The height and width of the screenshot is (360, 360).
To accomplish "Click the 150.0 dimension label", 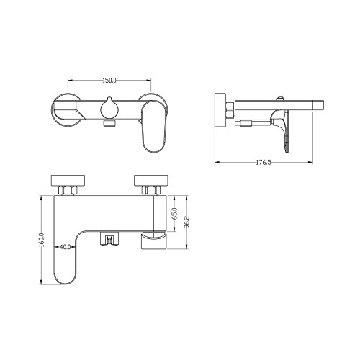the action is pyautogui.click(x=109, y=81).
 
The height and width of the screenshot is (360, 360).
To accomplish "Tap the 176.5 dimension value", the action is pyautogui.click(x=264, y=163).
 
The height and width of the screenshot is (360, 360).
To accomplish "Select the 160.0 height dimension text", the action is pyautogui.click(x=42, y=240).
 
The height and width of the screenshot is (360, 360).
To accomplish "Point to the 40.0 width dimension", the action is pyautogui.click(x=65, y=247).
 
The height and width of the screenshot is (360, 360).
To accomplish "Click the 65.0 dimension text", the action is pyautogui.click(x=175, y=214).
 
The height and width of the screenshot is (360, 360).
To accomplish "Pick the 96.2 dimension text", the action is pyautogui.click(x=187, y=222).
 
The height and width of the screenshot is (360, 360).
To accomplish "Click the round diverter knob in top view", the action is pyautogui.click(x=109, y=109).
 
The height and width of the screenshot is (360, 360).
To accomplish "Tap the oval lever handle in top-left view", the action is pyautogui.click(x=155, y=127).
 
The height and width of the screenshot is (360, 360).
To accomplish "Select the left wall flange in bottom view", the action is pyautogui.click(x=68, y=181).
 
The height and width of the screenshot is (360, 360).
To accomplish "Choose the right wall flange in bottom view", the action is pyautogui.click(x=151, y=181).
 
